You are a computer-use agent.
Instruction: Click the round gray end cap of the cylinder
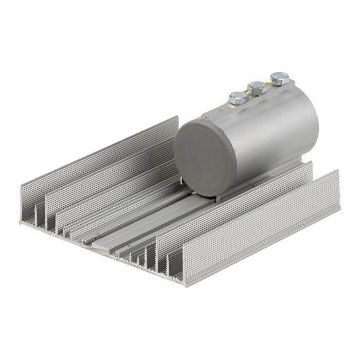200,157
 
